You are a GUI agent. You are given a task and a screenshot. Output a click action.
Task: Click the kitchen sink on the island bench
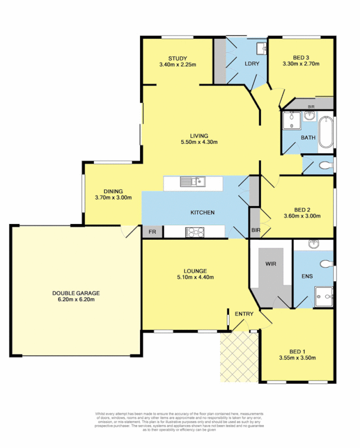point(192,181)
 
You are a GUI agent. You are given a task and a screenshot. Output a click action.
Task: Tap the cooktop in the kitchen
point(194,231)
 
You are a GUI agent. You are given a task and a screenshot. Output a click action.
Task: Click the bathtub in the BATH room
point(325,132)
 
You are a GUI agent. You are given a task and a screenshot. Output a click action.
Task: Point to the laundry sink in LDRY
point(260,48)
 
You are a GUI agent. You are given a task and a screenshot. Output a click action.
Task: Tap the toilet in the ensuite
point(325,264)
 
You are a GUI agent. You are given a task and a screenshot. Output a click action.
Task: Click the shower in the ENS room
point(323,296)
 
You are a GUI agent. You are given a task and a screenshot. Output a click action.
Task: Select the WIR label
point(270,263)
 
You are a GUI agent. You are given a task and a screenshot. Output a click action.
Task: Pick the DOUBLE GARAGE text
point(73,293)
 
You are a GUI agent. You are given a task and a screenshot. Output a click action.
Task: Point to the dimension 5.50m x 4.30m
point(199,142)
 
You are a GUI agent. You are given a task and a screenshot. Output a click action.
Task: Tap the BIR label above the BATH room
point(311,106)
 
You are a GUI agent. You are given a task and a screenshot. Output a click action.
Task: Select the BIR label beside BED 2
point(256,230)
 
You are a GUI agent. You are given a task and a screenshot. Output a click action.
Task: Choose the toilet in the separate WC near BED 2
point(324,166)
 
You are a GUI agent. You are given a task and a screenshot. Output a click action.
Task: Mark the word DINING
point(113,191)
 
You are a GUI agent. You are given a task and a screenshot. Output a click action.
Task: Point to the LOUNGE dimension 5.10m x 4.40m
point(195,277)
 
